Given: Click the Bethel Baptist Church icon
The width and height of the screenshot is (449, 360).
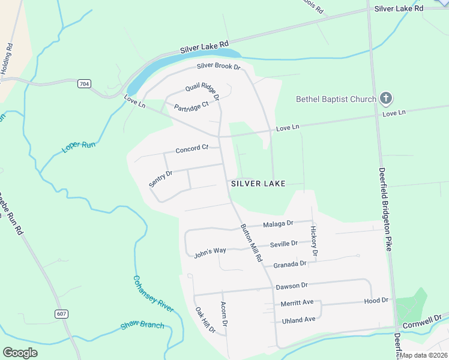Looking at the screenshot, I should pyautogui.click(x=386, y=98).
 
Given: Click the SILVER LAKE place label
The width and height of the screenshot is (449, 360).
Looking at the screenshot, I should pyautogui.click(x=258, y=183).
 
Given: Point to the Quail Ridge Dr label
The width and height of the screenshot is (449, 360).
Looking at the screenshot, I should pyautogui.click(x=202, y=90).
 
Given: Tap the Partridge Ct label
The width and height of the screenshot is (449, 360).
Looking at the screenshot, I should pyautogui.click(x=191, y=107).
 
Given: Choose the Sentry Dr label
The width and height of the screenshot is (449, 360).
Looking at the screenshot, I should pyautogui.click(x=161, y=178).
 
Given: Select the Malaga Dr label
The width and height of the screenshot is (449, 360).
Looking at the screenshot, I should pyautogui.click(x=278, y=223).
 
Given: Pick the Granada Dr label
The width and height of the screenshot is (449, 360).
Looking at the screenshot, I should pyautogui.click(x=289, y=264).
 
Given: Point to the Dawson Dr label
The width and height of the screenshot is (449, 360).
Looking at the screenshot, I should pyautogui.click(x=291, y=286).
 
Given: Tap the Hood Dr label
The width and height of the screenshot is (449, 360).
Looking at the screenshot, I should pyautogui.click(x=376, y=299).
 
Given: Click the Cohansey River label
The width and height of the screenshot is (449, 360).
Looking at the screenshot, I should pyautogui.click(x=153, y=294).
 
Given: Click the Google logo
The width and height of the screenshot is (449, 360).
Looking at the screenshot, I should pyautogui.click(x=20, y=353).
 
